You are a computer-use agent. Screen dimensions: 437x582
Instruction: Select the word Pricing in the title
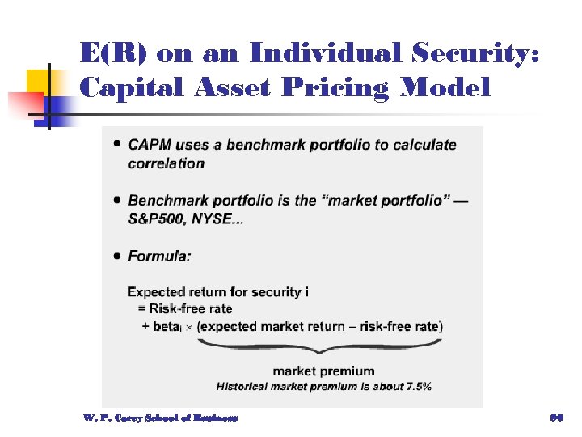(x=353, y=87)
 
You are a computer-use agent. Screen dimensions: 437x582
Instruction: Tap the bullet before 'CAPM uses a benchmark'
(x=118, y=145)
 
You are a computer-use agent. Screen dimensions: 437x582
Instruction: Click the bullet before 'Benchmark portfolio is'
(x=118, y=199)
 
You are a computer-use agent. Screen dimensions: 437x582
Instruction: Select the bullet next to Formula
(x=118, y=256)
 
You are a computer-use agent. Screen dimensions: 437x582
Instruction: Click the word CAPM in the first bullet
(x=149, y=146)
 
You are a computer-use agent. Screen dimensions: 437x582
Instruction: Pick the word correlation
(x=166, y=163)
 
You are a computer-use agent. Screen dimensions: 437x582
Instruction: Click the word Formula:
(x=159, y=257)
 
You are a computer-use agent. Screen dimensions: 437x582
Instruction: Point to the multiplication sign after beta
(x=189, y=327)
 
